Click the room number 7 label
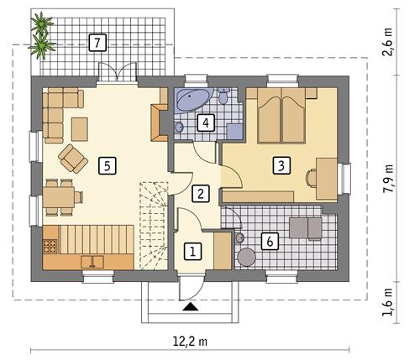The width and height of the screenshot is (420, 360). point(97,41)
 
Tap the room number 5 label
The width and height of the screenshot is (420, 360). point(105,164)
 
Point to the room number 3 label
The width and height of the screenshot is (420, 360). point(281,164)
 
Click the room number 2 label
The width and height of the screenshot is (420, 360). point(199,193)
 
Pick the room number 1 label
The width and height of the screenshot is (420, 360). point(193,250)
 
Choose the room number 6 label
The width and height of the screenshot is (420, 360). point(270,241)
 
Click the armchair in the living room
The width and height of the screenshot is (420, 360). point(71,156)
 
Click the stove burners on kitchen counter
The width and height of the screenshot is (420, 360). point(50,245)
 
